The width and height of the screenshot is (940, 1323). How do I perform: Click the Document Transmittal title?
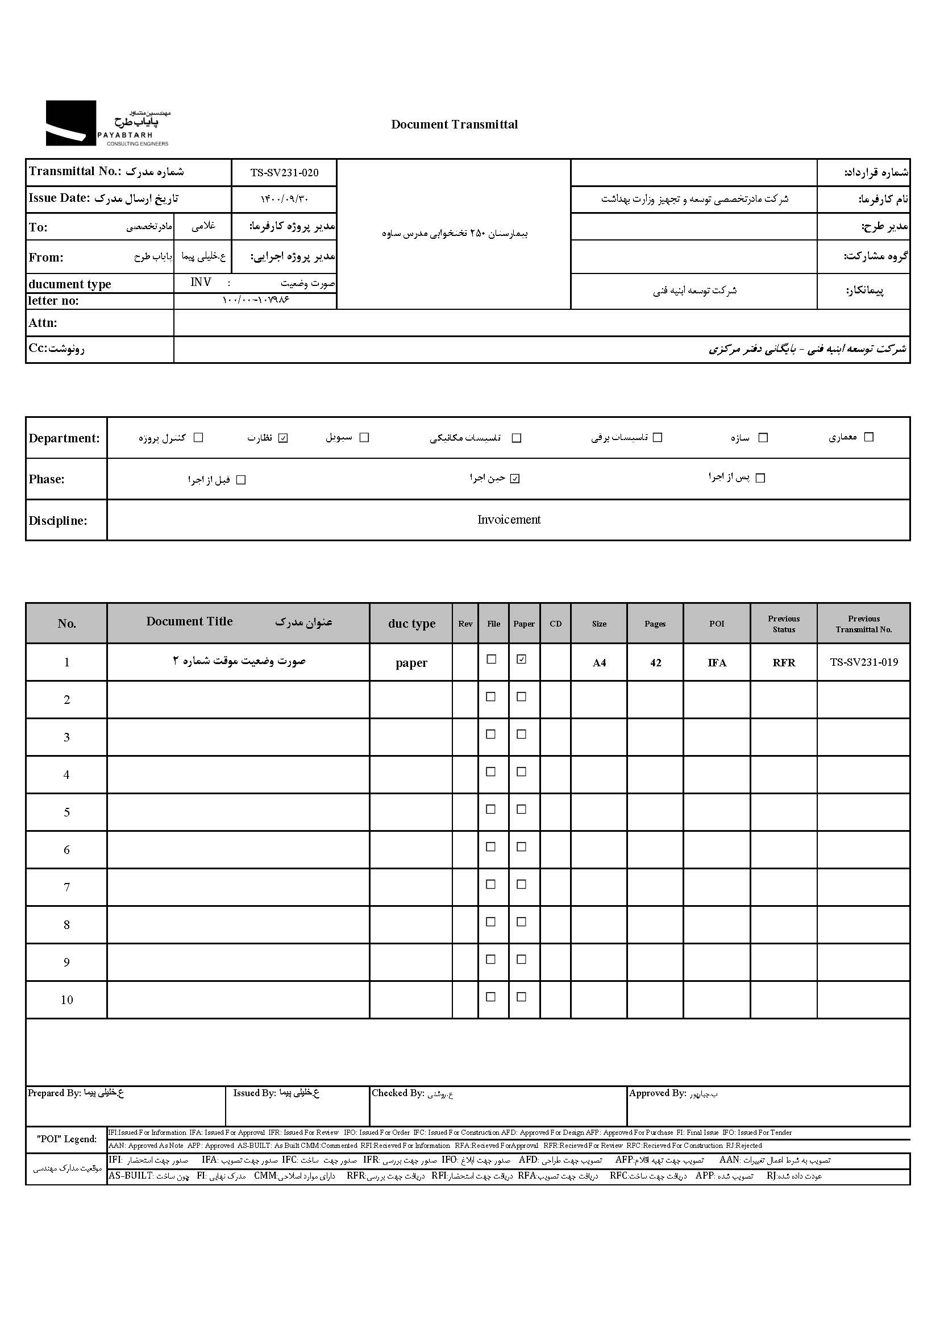pyautogui.click(x=455, y=125)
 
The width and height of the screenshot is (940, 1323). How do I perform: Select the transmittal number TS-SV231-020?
pyautogui.click(x=284, y=172)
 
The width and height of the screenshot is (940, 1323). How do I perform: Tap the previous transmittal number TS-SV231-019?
pyautogui.click(x=864, y=662)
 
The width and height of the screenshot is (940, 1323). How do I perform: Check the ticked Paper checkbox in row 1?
pyautogui.click(x=522, y=659)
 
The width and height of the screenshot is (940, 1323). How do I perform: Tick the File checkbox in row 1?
pyautogui.click(x=492, y=659)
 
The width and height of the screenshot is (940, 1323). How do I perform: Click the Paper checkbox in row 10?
pyautogui.click(x=522, y=997)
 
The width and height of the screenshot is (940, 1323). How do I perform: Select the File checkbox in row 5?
pyautogui.click(x=491, y=809)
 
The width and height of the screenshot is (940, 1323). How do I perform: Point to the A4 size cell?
pyautogui.click(x=599, y=662)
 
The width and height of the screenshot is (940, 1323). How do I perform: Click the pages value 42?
pyautogui.click(x=655, y=662)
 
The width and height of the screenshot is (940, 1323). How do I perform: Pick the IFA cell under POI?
pyautogui.click(x=717, y=662)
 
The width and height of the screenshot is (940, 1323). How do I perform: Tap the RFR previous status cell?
pyautogui.click(x=784, y=662)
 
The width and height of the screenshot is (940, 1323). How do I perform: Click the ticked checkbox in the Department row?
pyautogui.click(x=283, y=438)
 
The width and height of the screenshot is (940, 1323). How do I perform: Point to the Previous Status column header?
pyautogui.click(x=784, y=624)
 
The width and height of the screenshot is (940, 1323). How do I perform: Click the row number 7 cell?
pyautogui.click(x=66, y=887)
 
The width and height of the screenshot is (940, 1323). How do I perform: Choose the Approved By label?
pyautogui.click(x=658, y=1093)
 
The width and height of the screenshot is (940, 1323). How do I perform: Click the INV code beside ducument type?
pyautogui.click(x=201, y=282)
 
